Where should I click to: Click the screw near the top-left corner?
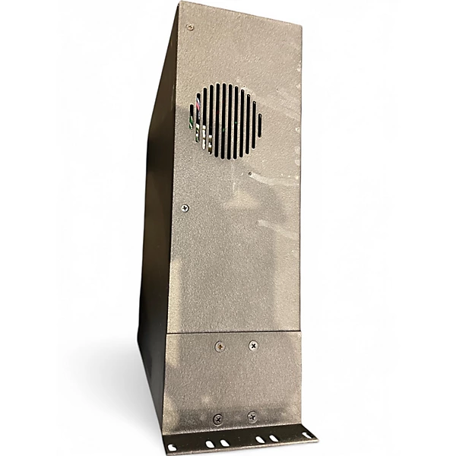(x=190, y=27)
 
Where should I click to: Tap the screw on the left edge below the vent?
(x=185, y=207)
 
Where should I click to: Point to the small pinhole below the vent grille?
(x=251, y=173)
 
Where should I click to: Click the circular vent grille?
(x=226, y=122)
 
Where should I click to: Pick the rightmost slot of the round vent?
(x=259, y=124)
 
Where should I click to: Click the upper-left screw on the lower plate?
(x=220, y=347)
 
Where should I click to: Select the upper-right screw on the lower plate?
(x=253, y=345)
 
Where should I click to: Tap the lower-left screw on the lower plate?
(x=218, y=419)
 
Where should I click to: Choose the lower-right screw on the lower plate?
(x=252, y=416)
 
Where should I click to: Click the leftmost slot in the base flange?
(x=173, y=448)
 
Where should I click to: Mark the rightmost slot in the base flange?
(x=308, y=435)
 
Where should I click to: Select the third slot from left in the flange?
(x=224, y=442)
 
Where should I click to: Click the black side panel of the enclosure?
(x=156, y=228)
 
